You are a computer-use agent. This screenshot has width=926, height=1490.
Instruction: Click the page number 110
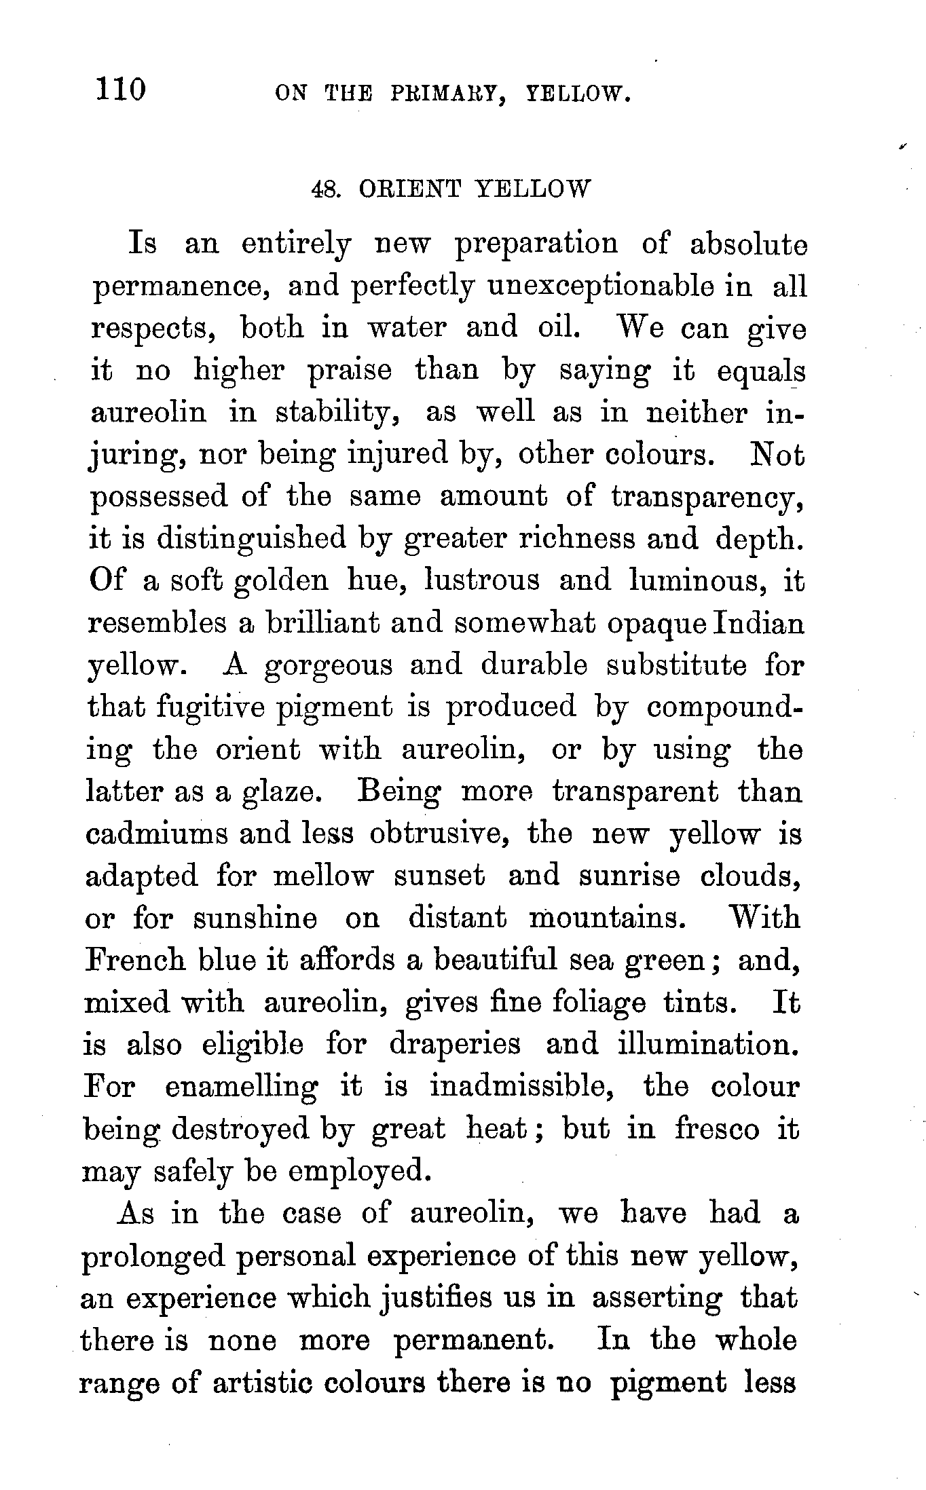(122, 89)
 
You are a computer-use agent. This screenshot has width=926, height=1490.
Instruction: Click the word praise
(350, 371)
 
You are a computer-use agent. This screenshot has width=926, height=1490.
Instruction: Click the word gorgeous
(328, 666)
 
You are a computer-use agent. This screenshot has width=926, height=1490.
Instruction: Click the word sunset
(440, 876)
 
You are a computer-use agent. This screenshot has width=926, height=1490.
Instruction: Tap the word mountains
(606, 918)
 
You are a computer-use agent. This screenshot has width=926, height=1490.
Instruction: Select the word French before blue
(134, 960)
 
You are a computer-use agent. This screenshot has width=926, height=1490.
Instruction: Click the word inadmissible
(523, 1087)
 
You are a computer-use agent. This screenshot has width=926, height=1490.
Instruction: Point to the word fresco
(717, 1129)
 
